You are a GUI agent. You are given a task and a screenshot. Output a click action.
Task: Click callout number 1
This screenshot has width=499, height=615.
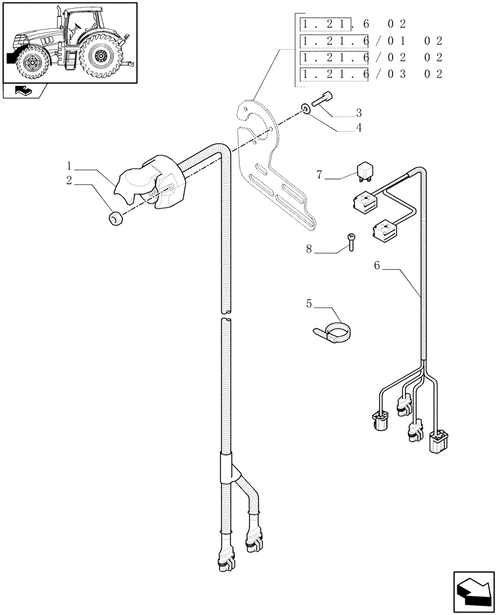(70, 167)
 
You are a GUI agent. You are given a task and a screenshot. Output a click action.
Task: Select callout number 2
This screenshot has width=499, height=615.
(70, 180)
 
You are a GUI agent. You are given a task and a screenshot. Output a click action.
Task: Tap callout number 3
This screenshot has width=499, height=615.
(358, 113)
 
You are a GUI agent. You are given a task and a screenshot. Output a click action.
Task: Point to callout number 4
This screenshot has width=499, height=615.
(358, 128)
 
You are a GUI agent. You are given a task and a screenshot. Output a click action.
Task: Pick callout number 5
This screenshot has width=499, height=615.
(309, 304)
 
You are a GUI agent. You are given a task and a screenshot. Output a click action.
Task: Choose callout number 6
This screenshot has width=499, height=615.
(377, 266)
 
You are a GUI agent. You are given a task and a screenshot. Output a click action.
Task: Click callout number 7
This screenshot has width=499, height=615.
(320, 176)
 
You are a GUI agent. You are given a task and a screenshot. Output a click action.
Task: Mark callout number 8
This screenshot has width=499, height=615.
(309, 250)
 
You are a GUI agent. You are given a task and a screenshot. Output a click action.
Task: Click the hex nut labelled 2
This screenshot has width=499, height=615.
(114, 218)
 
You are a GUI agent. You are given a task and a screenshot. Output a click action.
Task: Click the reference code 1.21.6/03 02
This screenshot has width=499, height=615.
(371, 74)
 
